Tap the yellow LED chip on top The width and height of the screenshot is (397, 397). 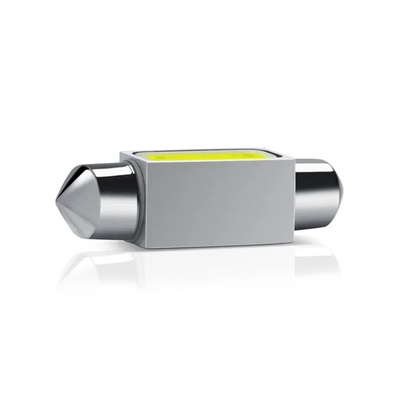click(x=198, y=156)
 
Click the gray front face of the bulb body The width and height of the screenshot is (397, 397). click(x=219, y=203)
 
